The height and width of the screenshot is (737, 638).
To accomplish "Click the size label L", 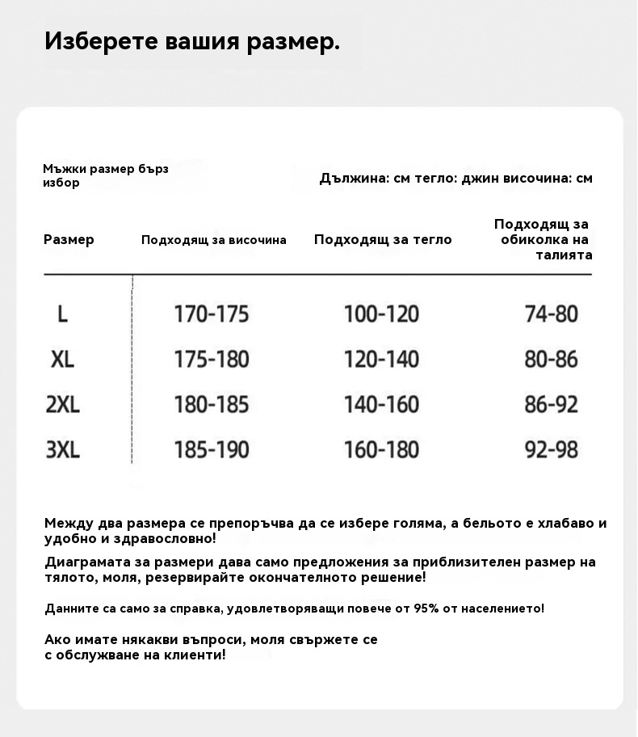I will (62, 314).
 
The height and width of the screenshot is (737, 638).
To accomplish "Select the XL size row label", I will (62, 359).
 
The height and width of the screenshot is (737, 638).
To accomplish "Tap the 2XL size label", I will (62, 404).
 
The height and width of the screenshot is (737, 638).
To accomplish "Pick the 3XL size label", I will (62, 449).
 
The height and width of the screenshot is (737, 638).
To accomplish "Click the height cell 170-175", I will (212, 314).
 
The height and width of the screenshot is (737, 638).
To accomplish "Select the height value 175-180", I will (212, 359).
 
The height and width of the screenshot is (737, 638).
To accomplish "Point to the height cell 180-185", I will (212, 404).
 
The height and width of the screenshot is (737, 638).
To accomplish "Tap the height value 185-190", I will (212, 449).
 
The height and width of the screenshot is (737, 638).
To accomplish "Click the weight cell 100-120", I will (381, 314).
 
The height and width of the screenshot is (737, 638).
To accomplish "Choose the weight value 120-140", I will (381, 359).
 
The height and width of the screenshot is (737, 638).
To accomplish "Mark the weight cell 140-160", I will (381, 404).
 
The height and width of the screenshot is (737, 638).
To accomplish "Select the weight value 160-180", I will (381, 449).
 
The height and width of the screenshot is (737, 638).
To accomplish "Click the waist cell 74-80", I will (552, 314).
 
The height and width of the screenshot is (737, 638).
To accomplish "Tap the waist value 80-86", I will (552, 359).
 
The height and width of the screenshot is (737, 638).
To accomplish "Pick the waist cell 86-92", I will (552, 404).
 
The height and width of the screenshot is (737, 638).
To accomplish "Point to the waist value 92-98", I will (552, 449).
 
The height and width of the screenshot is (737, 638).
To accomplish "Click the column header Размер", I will (69, 239).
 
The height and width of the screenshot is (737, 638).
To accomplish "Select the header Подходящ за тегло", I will (383, 239).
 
